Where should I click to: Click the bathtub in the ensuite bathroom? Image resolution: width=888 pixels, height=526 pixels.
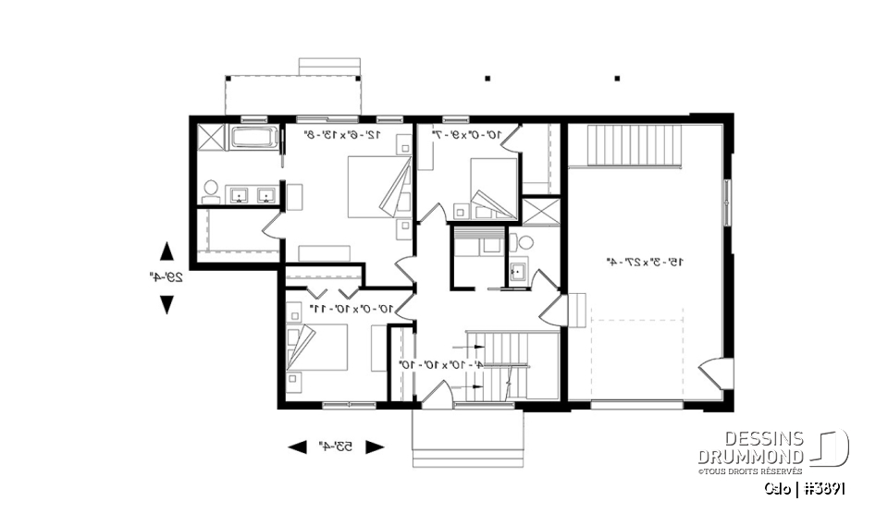253,139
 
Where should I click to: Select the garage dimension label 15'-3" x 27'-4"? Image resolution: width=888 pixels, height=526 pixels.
646,262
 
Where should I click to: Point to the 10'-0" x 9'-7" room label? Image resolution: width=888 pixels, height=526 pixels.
467,135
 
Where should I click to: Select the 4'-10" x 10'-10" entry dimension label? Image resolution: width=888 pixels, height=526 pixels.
438,364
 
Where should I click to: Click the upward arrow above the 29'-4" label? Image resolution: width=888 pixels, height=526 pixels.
166,251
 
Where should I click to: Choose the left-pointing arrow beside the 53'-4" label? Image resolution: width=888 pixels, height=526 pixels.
297,447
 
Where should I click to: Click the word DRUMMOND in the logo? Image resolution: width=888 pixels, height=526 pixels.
750,458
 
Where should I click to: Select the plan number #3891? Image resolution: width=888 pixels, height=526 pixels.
822,488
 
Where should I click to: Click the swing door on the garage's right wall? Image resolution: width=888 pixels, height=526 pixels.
716,374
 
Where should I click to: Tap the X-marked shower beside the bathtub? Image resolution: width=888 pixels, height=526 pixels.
211,139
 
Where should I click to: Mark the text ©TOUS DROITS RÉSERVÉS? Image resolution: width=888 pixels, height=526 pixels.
750,471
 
